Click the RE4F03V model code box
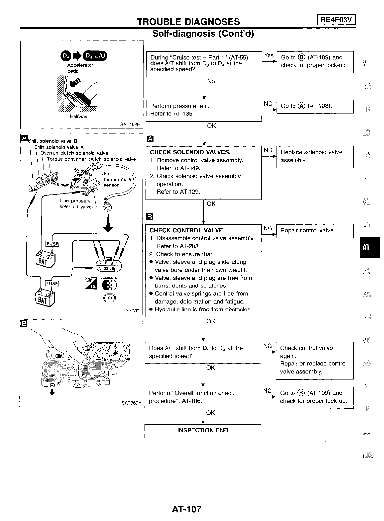336,20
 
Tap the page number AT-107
186,509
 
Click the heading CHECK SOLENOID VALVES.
190,152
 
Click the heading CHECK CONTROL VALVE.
187,230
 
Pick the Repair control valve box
314,230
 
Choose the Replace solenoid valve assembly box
314,156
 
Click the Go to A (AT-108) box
314,106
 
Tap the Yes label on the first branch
269,55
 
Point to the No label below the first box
211,81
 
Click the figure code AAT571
133,310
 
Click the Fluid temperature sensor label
117,179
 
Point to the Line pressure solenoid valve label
75,204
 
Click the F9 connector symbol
110,298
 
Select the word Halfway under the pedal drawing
78,117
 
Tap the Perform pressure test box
203,110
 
